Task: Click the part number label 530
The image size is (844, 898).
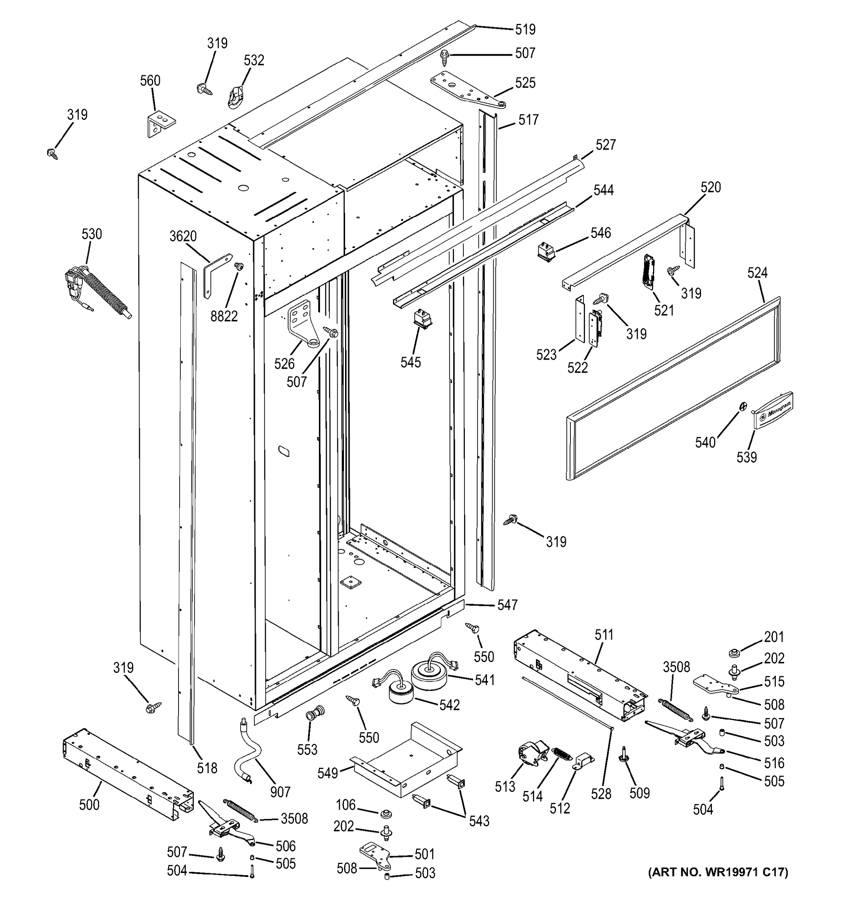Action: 92,234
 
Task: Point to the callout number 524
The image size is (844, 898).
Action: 757,272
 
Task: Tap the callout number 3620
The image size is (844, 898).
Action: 183,236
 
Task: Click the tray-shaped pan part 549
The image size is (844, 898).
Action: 406,765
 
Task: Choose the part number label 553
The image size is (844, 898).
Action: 307,750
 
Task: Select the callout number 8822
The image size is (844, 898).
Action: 224,316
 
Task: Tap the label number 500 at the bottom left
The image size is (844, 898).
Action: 89,804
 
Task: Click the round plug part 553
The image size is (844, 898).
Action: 311,715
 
